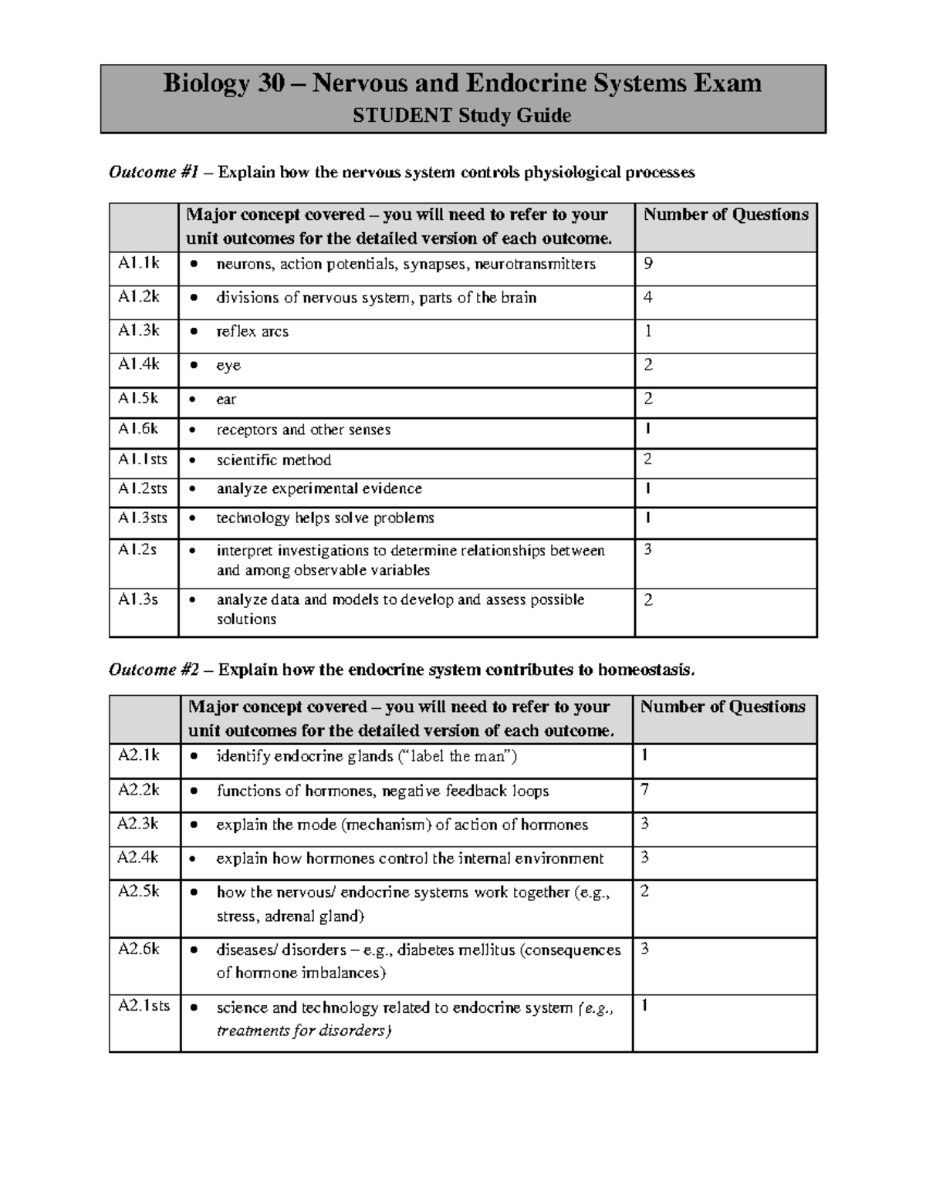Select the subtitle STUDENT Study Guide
[461, 116]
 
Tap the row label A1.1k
[138, 263]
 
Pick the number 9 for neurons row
[648, 263]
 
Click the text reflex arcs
[252, 332]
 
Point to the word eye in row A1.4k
[228, 366]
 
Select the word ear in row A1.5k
[226, 400]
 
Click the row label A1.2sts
[142, 489]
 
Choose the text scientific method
[273, 461]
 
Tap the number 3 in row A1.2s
[647, 549]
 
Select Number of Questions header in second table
[722, 707]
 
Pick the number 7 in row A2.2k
[644, 789]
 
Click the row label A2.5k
[138, 892]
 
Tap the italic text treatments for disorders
[303, 1031]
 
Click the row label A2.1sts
[144, 1006]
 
